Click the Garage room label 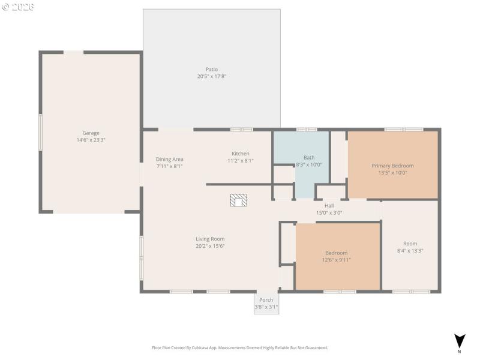tap(91, 133)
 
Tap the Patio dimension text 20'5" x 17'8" tap(211, 76)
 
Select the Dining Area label tap(169, 159)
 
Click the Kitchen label tap(241, 154)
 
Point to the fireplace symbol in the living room tap(238, 200)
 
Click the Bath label tap(308, 157)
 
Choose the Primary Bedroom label tap(392, 166)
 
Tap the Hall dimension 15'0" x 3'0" tap(329, 212)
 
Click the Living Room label tap(210, 239)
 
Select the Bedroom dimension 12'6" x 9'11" tap(336, 260)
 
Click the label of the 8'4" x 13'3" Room tap(410, 244)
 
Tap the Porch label tap(266, 300)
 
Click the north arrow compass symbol tap(459, 341)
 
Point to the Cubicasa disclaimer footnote tap(240, 347)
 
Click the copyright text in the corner tap(18, 7)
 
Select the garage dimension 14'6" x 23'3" tap(91, 140)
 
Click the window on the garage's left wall tap(40, 133)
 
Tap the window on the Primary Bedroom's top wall tap(403, 129)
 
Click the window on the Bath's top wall tap(307, 129)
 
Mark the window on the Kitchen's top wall tap(241, 129)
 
